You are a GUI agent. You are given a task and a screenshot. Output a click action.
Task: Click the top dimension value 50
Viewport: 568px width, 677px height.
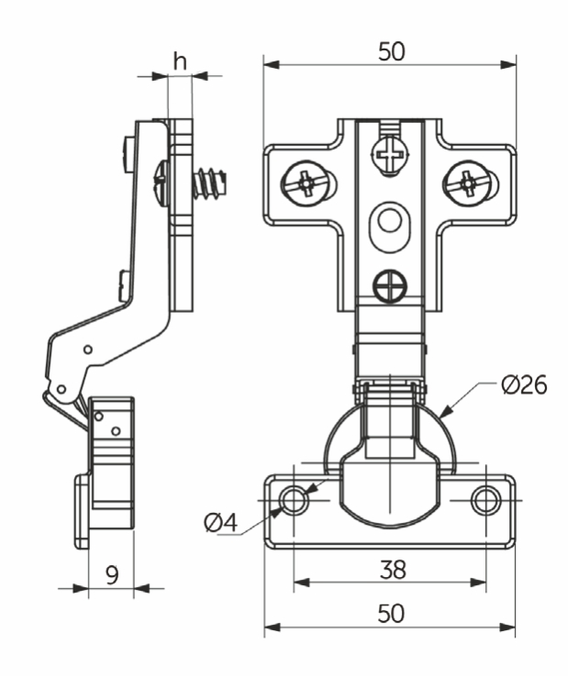coord(391,51)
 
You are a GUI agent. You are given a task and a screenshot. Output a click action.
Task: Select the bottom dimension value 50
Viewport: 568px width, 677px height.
coord(391,613)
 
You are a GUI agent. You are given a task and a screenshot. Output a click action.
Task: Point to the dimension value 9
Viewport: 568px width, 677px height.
coord(112,574)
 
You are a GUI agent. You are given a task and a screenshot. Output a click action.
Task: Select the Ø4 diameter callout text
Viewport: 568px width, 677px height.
coord(221,523)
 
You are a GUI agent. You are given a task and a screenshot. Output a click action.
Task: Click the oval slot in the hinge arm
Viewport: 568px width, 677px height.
coord(390,221)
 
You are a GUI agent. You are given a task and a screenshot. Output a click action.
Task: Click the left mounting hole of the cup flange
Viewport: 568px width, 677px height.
coord(295,501)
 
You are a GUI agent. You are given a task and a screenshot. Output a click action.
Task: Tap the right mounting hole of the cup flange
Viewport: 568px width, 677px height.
coord(485,501)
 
